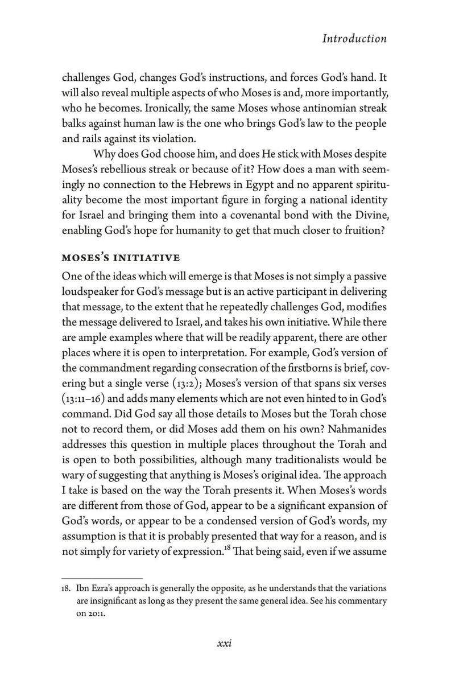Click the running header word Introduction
[x=354, y=39]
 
